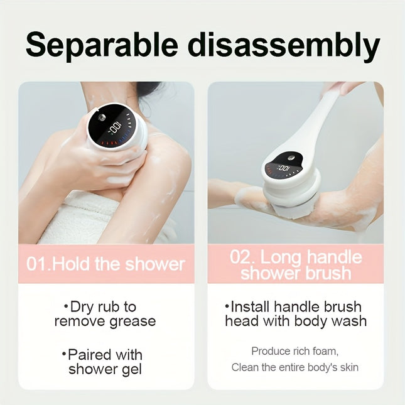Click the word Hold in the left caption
point(72,264)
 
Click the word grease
point(129,321)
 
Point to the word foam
point(323,351)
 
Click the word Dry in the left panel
point(83,307)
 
